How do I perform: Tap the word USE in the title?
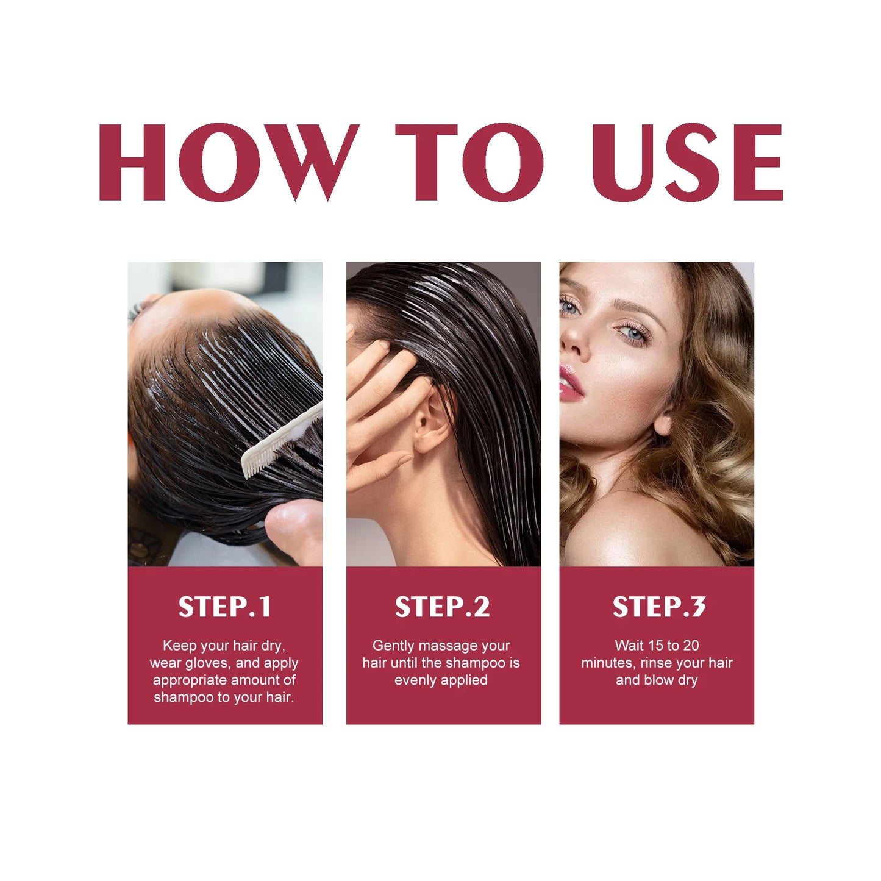[687, 162]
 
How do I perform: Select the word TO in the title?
[469, 162]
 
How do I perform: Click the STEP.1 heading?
[224, 607]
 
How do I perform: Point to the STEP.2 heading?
[442, 607]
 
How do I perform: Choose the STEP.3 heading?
[658, 607]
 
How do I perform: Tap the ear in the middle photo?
[431, 421]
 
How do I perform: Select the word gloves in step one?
[207, 663]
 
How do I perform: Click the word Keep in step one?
[180, 646]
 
